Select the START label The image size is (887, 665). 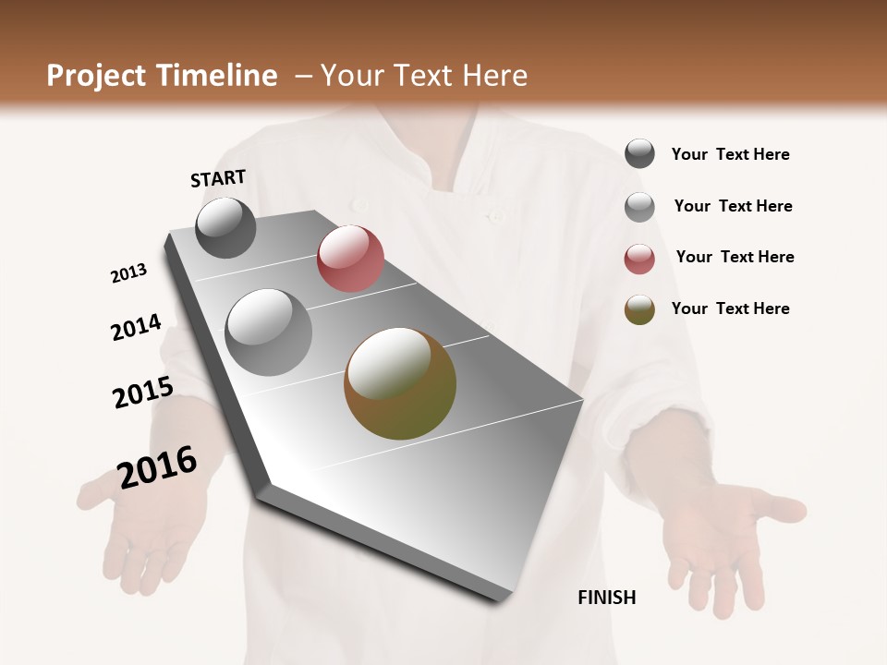pyautogui.click(x=218, y=178)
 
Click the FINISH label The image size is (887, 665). pyautogui.click(x=606, y=598)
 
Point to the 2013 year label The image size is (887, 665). pyautogui.click(x=128, y=273)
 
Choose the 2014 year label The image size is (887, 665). pyautogui.click(x=136, y=327)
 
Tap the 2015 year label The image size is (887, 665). pyautogui.click(x=143, y=393)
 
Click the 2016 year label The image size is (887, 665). pyautogui.click(x=157, y=466)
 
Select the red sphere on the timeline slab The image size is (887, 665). pyautogui.click(x=350, y=259)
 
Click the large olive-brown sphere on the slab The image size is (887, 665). pyautogui.click(x=400, y=383)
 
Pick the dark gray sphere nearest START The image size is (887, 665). pyautogui.click(x=226, y=227)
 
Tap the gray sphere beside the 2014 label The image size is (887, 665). pyautogui.click(x=269, y=332)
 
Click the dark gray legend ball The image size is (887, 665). pyautogui.click(x=639, y=154)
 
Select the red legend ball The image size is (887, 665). pyautogui.click(x=639, y=259)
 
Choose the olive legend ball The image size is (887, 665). pyautogui.click(x=639, y=310)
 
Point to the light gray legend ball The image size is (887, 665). pyautogui.click(x=639, y=207)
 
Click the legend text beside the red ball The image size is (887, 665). pyautogui.click(x=735, y=257)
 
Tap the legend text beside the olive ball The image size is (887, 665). pyautogui.click(x=730, y=308)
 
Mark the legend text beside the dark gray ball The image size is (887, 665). pyautogui.click(x=730, y=154)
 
